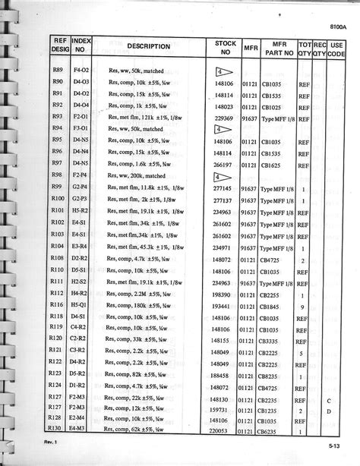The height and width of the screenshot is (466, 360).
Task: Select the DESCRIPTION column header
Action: point(148,46)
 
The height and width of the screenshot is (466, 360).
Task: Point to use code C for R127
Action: point(330,400)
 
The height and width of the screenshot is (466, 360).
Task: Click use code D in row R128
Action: point(330,411)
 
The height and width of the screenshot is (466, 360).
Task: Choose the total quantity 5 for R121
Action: point(304,353)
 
